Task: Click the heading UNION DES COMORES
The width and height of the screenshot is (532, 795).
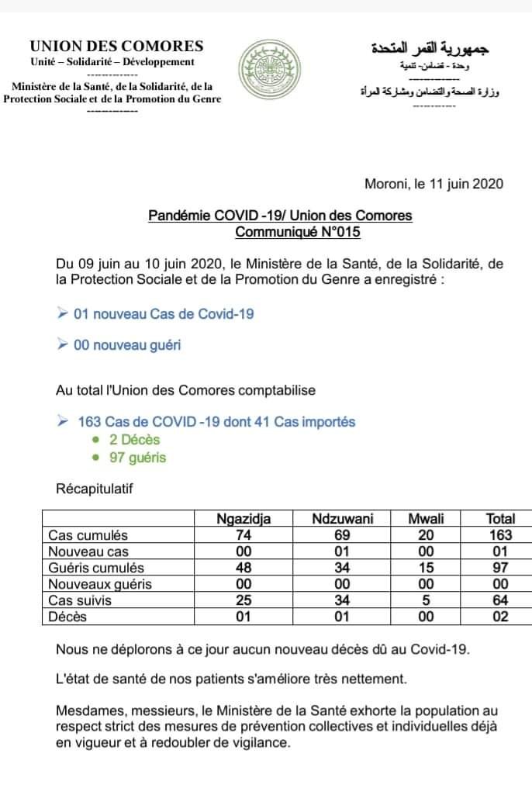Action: [117, 47]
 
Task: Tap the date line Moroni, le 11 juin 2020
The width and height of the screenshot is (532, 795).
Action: [434, 184]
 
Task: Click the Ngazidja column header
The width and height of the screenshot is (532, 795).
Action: [243, 520]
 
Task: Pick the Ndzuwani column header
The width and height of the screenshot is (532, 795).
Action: [343, 520]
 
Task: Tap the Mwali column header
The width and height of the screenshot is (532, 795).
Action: [426, 520]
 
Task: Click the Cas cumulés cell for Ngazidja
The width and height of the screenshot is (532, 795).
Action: [243, 535]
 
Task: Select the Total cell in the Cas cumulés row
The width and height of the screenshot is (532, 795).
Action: [499, 535]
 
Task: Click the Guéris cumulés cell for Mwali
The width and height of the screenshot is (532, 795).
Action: [426, 568]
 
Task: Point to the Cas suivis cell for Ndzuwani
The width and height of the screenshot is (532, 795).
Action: [343, 600]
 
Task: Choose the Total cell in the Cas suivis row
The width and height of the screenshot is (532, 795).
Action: [499, 600]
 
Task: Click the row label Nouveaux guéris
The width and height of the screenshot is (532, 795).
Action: [100, 584]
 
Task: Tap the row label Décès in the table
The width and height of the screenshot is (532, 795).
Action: [67, 617]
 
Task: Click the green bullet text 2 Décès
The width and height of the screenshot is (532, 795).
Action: [135, 440]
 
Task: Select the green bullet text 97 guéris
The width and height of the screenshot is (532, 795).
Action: [138, 458]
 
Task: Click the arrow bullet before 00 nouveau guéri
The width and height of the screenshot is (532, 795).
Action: [62, 345]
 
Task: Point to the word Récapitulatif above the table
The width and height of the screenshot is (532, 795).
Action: [95, 489]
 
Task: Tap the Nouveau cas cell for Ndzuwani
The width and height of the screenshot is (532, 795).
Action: [343, 551]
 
